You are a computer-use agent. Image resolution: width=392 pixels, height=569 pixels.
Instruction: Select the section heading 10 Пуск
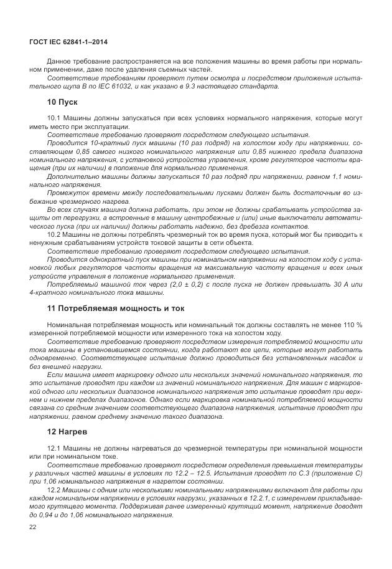[62, 102]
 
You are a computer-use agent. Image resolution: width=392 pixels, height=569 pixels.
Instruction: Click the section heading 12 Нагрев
[67, 431]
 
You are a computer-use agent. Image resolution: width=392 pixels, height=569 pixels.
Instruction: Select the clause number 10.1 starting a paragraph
[55, 118]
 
